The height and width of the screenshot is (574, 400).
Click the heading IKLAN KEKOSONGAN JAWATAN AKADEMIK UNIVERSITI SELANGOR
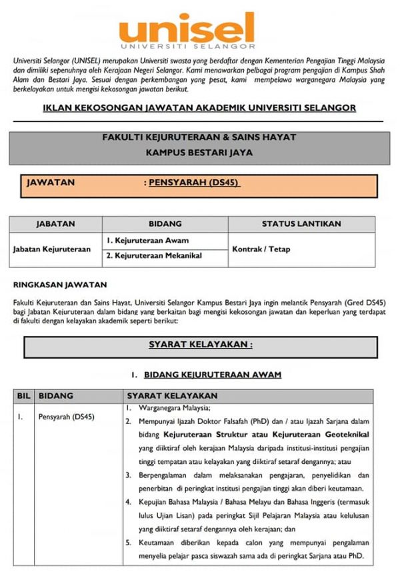point(199,107)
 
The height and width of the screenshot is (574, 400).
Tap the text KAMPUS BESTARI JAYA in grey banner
point(198,152)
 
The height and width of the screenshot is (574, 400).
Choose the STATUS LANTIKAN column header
point(301,224)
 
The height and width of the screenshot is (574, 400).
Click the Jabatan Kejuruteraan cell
point(52,249)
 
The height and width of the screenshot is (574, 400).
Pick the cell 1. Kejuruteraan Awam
point(147,240)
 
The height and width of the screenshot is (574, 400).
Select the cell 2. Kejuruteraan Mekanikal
point(154,255)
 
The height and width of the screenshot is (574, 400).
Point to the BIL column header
point(23,395)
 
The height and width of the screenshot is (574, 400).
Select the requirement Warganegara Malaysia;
point(174,408)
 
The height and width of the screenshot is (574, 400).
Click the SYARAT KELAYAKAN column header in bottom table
point(172,395)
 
